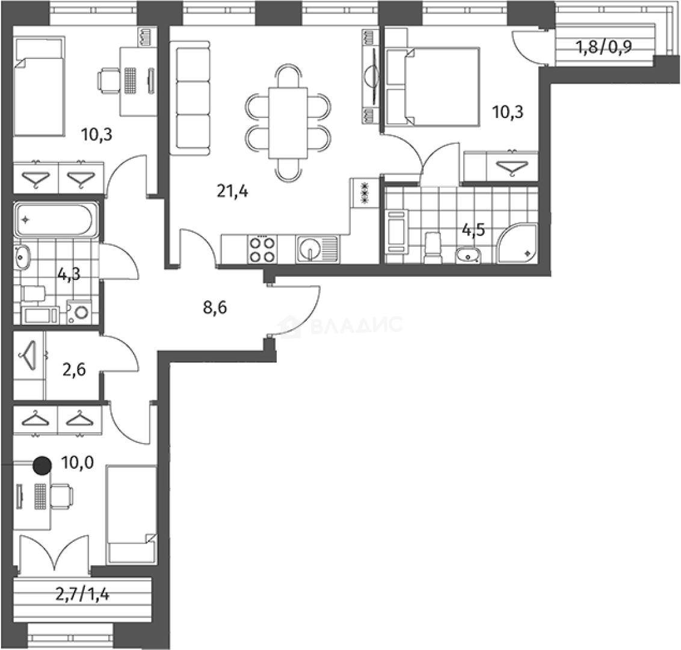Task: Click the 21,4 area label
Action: pos(232,191)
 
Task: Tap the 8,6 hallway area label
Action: pos(215,308)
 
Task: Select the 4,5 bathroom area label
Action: pos(473,229)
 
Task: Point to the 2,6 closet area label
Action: pos(74,370)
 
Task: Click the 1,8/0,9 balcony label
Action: pos(603,46)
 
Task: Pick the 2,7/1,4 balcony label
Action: pos(82,593)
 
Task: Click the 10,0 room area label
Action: pos(78,463)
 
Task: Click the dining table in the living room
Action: pos(288,123)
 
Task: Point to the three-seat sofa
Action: pos(190,97)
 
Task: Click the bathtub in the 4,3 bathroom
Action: pos(55,220)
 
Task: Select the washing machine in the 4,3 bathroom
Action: pos(79,312)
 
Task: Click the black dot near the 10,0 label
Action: pos(43,465)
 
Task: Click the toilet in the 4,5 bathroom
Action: pos(433,248)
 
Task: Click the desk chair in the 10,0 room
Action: pos(61,496)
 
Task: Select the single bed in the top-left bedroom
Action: pos(39,87)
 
